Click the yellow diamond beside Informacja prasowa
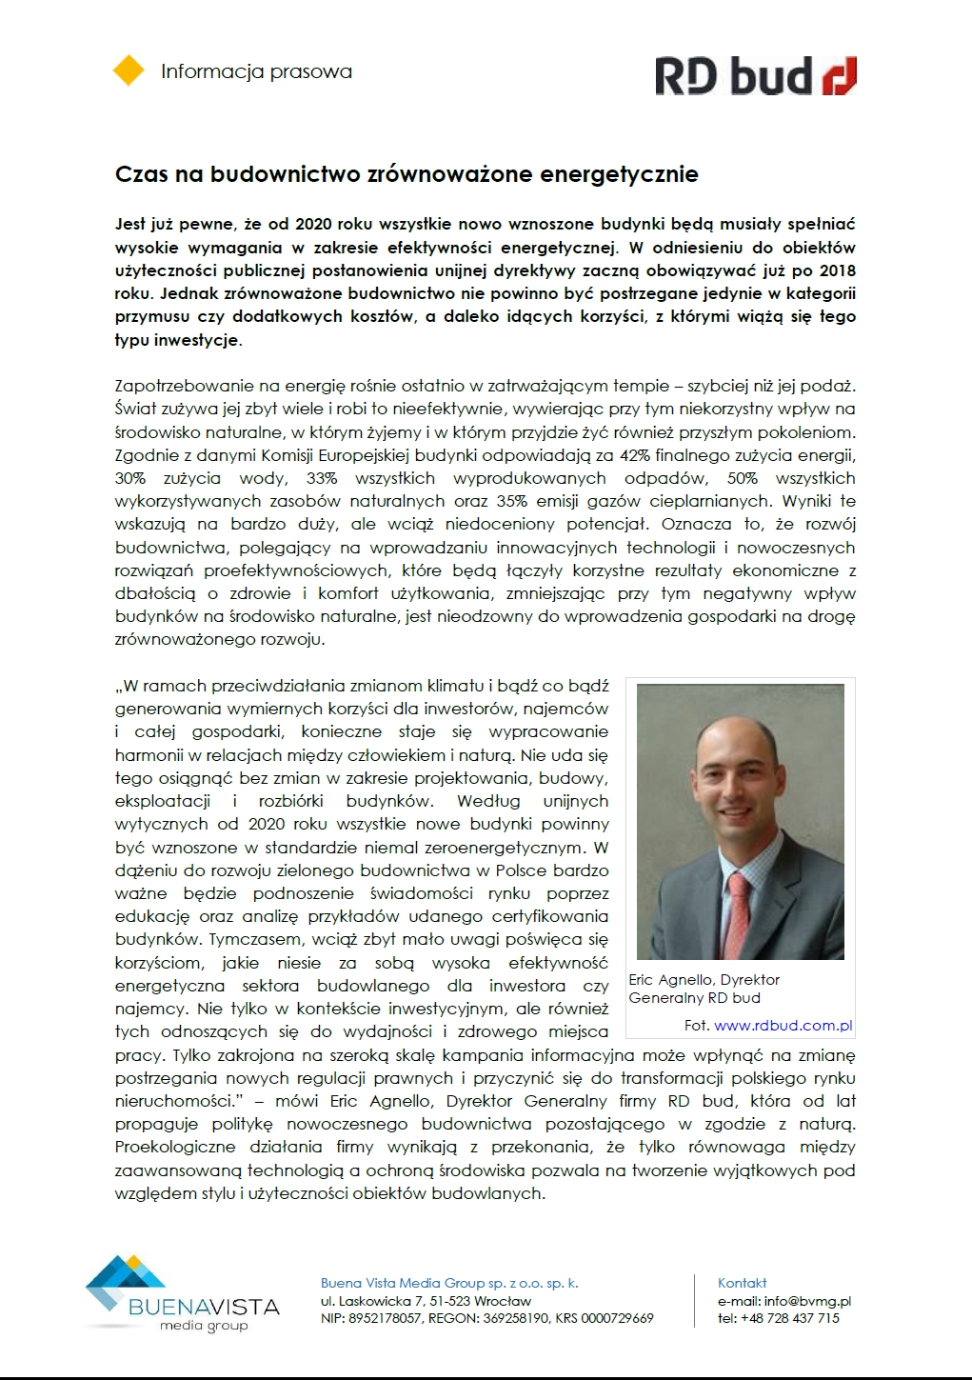[129, 71]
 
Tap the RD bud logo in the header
[755, 76]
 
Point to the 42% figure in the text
[634, 455]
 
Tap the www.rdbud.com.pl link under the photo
[783, 1026]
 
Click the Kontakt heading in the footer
[742, 1283]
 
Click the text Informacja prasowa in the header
[256, 71]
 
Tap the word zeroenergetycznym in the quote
[513, 848]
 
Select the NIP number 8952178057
[383, 1318]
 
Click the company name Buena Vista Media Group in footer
[403, 1283]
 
